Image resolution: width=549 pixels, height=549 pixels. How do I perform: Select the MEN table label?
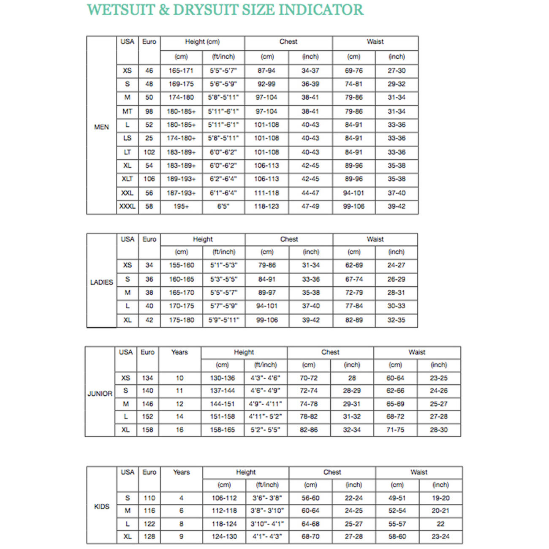pos(101,127)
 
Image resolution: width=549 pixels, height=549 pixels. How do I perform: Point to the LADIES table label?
pos(101,282)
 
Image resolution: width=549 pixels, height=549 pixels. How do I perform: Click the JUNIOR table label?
pos(100,394)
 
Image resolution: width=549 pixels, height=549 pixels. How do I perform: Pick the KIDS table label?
pos(102,506)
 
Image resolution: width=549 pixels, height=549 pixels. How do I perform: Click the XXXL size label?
pos(127,207)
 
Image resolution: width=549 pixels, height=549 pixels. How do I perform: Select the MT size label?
pos(127,111)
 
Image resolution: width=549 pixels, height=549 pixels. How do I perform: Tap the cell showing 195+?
pos(181,207)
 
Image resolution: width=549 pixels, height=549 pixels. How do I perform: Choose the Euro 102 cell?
pos(149,152)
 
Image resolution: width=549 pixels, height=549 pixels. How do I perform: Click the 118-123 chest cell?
pos(266,207)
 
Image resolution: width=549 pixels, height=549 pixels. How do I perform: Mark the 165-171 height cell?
pos(181,71)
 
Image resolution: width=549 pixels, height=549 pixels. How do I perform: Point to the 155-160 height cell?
pos(182,265)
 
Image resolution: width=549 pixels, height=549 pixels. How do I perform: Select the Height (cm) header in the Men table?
pos(202,42)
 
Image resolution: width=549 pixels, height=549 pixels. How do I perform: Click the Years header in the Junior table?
pos(179,352)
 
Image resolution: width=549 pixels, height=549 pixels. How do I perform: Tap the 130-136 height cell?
pos(223,378)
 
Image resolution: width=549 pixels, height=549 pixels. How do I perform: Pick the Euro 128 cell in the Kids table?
pos(149,536)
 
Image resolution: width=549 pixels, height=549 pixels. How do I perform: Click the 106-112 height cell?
pos(224,498)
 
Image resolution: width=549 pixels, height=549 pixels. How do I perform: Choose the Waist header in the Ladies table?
pos(375,239)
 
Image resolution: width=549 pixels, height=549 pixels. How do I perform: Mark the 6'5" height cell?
pos(223,207)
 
